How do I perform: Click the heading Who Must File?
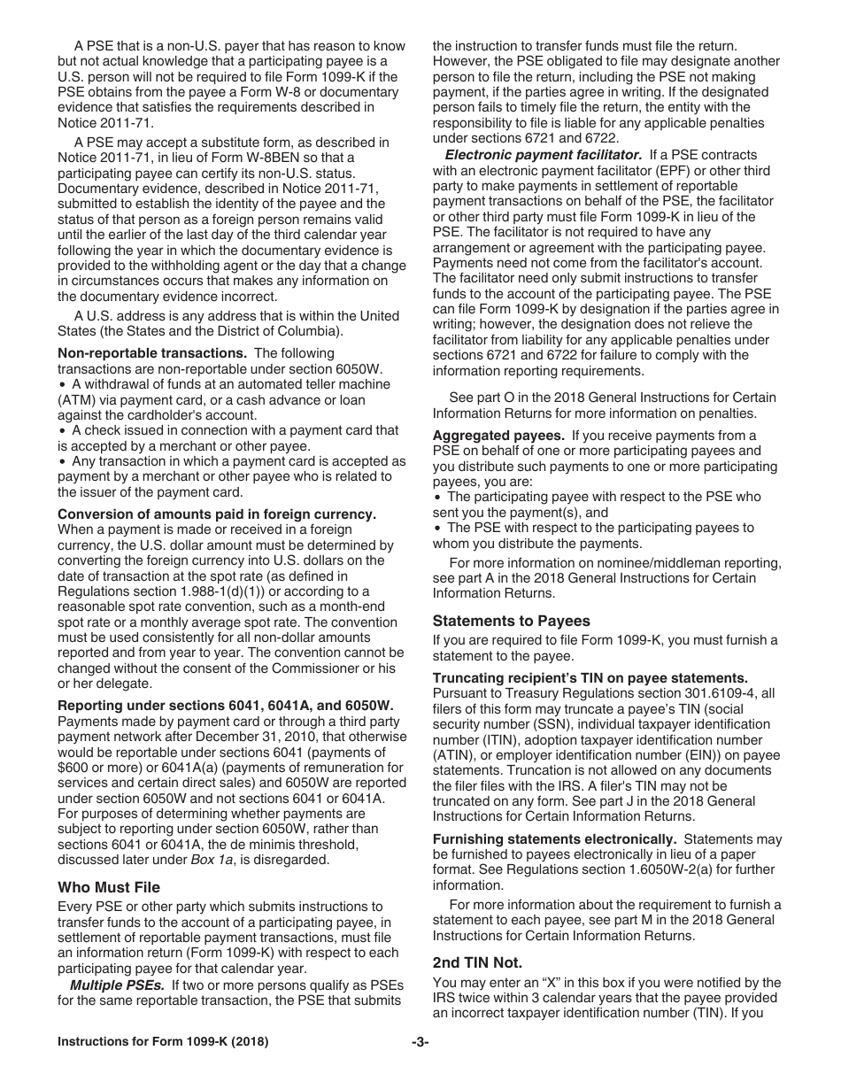[x=109, y=887]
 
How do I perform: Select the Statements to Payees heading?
[x=511, y=621]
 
